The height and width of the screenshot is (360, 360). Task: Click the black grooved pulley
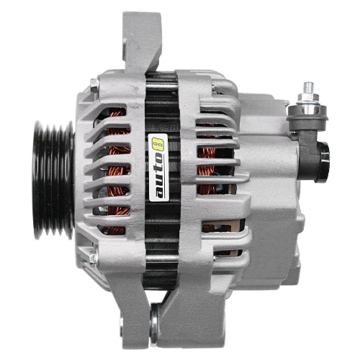(x=53, y=181)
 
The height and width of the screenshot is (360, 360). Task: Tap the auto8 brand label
(x=158, y=168)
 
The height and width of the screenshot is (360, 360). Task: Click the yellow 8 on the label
(x=158, y=143)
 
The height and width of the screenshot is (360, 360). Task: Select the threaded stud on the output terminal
(x=309, y=89)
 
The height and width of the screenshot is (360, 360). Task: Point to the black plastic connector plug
(x=323, y=162)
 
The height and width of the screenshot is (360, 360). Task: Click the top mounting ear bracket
(x=142, y=42)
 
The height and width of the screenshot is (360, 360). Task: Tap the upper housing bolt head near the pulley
(x=94, y=85)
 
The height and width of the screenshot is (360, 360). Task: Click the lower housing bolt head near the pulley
(x=93, y=257)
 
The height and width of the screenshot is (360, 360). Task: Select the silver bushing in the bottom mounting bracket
(x=154, y=323)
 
